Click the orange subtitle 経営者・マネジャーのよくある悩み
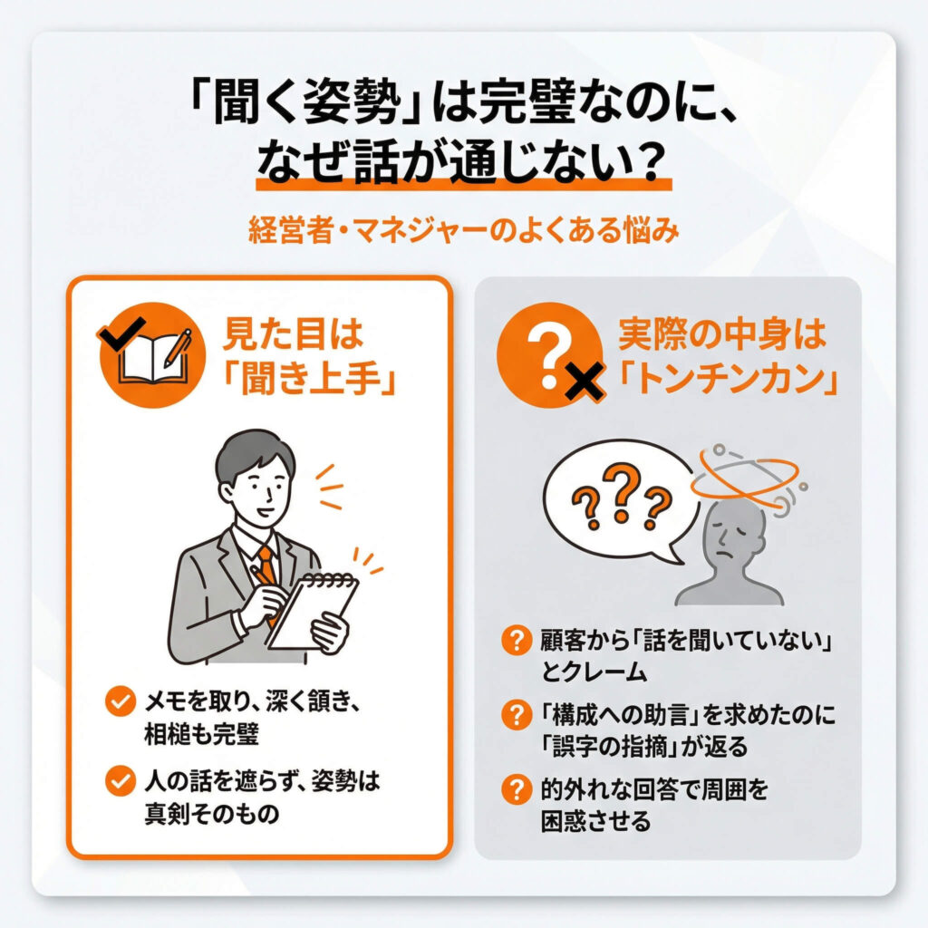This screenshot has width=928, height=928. click(463, 229)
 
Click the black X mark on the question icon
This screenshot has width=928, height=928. click(584, 380)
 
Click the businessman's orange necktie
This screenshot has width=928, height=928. click(267, 568)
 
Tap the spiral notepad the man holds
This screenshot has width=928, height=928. click(313, 611)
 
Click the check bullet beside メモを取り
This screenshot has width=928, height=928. click(121, 701)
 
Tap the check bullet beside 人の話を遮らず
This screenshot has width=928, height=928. click(121, 781)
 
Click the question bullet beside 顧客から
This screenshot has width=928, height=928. click(516, 641)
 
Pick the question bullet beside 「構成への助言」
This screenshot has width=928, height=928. click(516, 715)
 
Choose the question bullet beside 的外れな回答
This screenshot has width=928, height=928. click(516, 789)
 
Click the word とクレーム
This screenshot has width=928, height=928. click(594, 672)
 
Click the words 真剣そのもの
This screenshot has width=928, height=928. click(212, 814)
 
